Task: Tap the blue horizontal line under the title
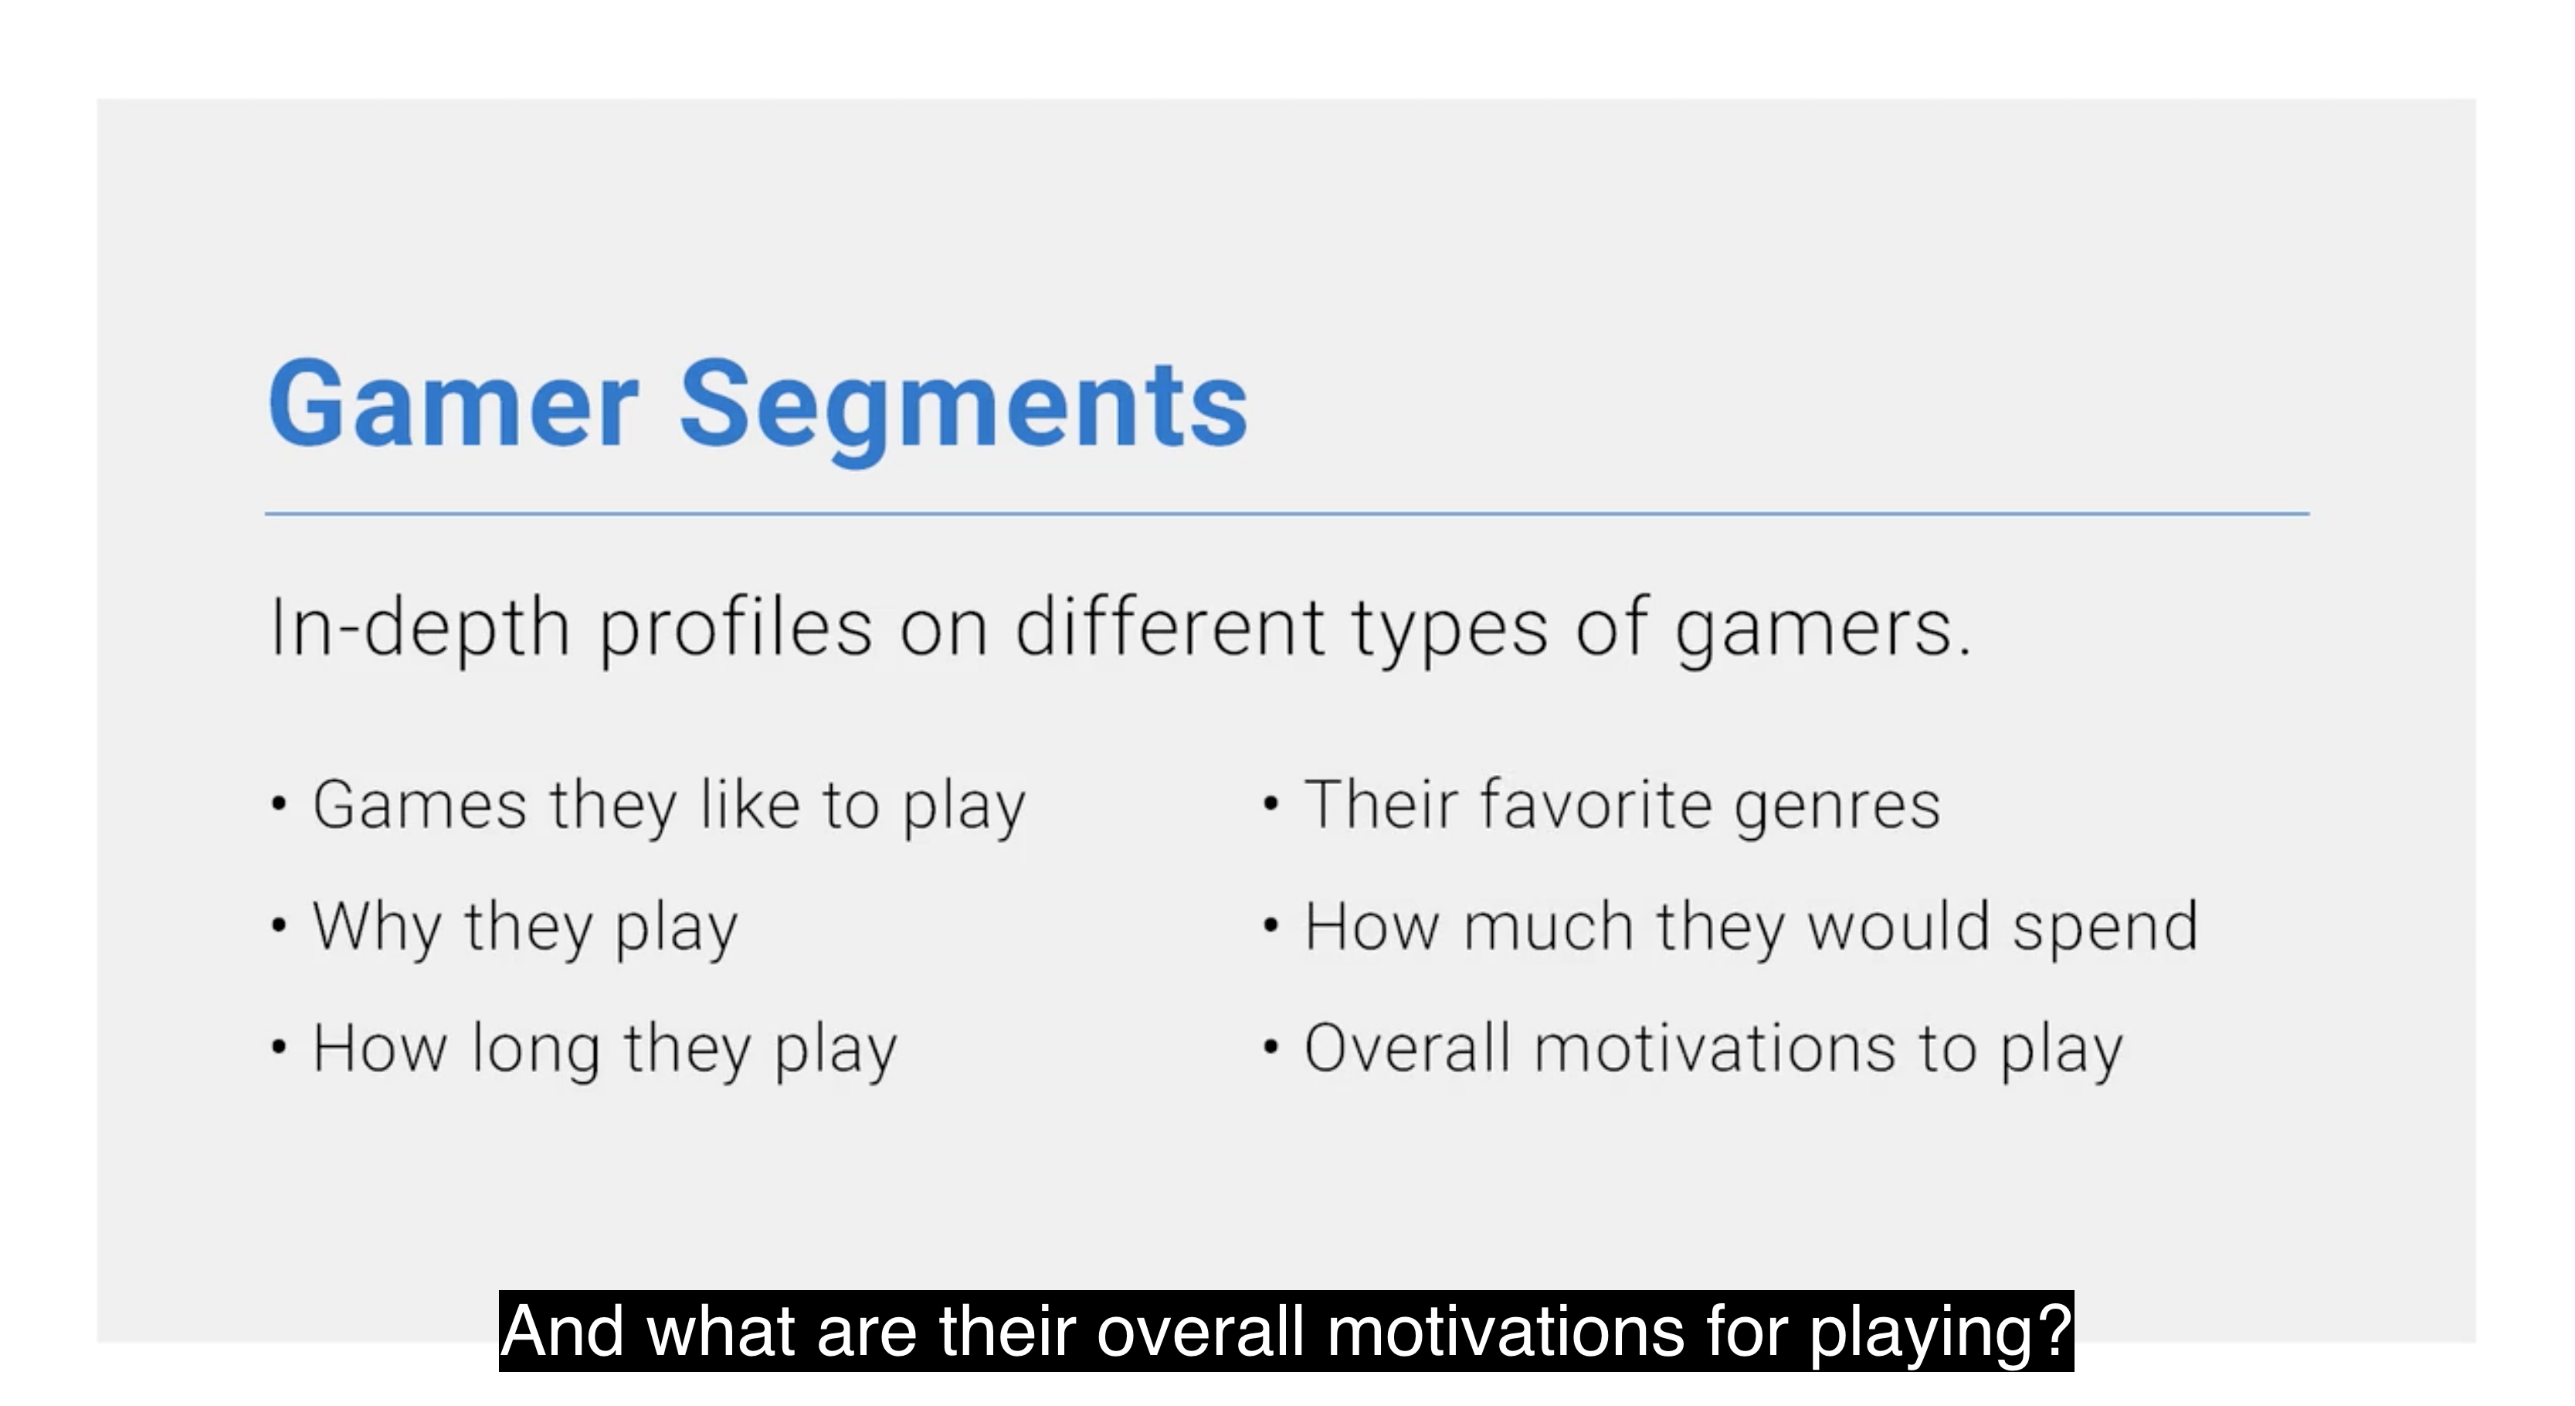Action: tap(1287, 514)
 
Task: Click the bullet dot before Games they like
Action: tap(279, 804)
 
